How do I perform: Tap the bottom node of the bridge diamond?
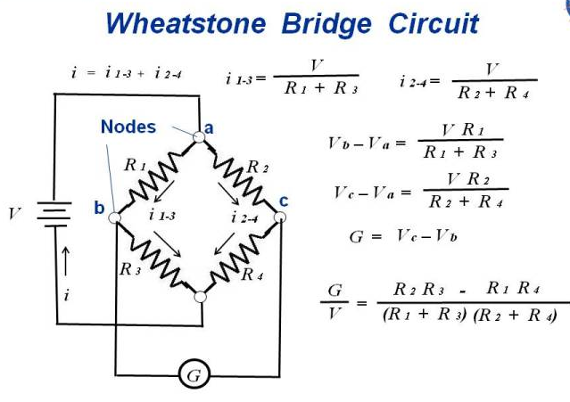200,295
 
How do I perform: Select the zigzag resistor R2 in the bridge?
239,176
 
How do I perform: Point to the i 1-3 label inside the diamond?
162,217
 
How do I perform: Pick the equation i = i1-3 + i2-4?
127,73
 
